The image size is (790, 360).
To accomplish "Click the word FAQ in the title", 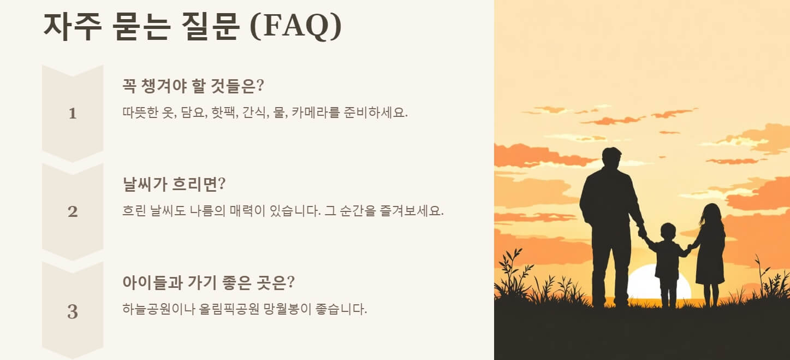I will tap(295, 26).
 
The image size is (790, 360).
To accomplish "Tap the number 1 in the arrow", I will tap(73, 114).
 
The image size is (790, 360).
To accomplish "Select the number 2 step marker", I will tap(73, 212).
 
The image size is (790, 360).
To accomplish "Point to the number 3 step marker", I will tap(73, 312).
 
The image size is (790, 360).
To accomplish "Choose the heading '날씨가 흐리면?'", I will tap(174, 184).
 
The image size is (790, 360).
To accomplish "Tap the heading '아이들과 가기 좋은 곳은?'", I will tap(209, 282).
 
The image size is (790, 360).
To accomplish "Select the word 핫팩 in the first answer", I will tap(223, 113).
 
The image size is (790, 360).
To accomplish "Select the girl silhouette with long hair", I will tap(710, 246).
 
